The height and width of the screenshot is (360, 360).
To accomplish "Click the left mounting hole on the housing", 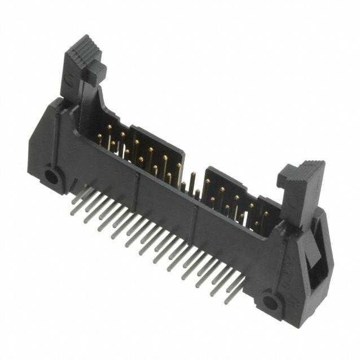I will [51, 177].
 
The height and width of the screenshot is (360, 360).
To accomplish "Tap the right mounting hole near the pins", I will [270, 302].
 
